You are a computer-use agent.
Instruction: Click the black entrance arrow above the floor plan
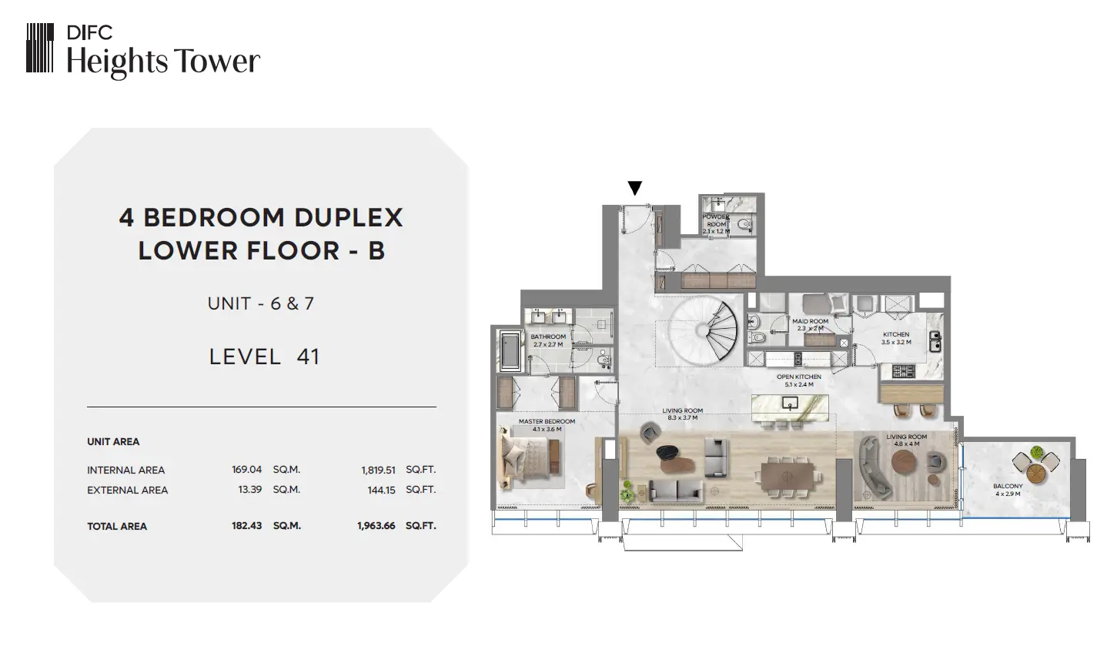pyautogui.click(x=634, y=188)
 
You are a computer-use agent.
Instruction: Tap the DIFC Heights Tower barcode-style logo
pyautogui.click(x=40, y=48)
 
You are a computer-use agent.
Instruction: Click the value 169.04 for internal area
pyautogui.click(x=247, y=469)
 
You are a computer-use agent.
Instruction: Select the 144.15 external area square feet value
pyautogui.click(x=382, y=490)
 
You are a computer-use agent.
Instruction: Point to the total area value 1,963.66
pyautogui.click(x=376, y=526)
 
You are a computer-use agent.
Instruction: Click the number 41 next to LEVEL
pyautogui.click(x=308, y=357)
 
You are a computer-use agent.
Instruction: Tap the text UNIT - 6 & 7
pyautogui.click(x=260, y=303)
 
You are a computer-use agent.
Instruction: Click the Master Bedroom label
pyautogui.click(x=547, y=421)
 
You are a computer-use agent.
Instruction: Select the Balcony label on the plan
pyautogui.click(x=1008, y=486)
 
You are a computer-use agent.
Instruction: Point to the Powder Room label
pyautogui.click(x=716, y=220)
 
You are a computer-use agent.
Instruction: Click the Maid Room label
pyautogui.click(x=811, y=321)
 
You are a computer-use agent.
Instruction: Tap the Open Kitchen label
pyautogui.click(x=799, y=377)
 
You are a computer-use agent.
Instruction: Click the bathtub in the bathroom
pyautogui.click(x=510, y=350)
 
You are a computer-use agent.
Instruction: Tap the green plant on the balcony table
pyautogui.click(x=1037, y=452)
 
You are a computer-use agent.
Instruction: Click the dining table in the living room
pyautogui.click(x=788, y=476)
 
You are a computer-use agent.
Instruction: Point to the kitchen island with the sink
pyautogui.click(x=790, y=407)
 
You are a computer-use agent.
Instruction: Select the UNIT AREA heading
pyautogui.click(x=113, y=442)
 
